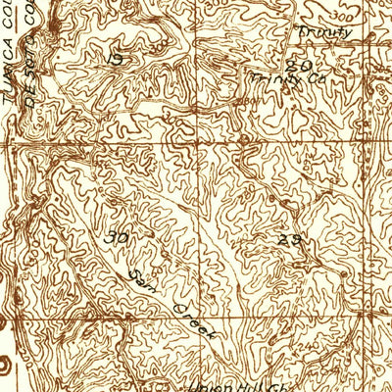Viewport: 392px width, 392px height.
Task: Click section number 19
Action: pos(116,60)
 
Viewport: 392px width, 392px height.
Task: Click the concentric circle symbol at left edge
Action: pos(4,365)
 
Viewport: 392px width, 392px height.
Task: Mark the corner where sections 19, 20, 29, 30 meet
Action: pos(203,148)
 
